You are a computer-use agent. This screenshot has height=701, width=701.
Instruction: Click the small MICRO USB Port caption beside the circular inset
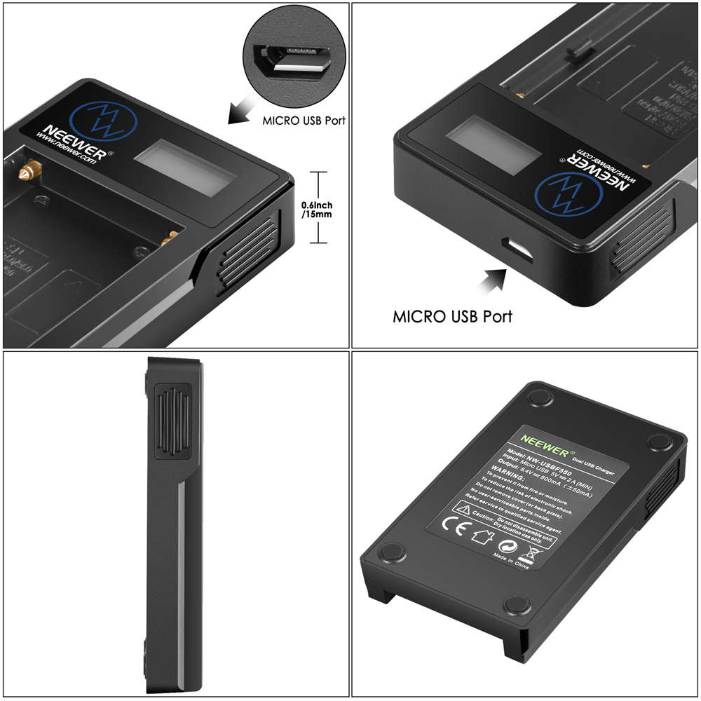[304, 121]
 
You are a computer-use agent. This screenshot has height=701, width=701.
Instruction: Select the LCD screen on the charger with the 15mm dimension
[184, 170]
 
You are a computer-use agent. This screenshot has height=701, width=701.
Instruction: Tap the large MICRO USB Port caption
[452, 316]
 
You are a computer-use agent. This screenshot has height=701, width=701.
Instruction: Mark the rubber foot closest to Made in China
[517, 605]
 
